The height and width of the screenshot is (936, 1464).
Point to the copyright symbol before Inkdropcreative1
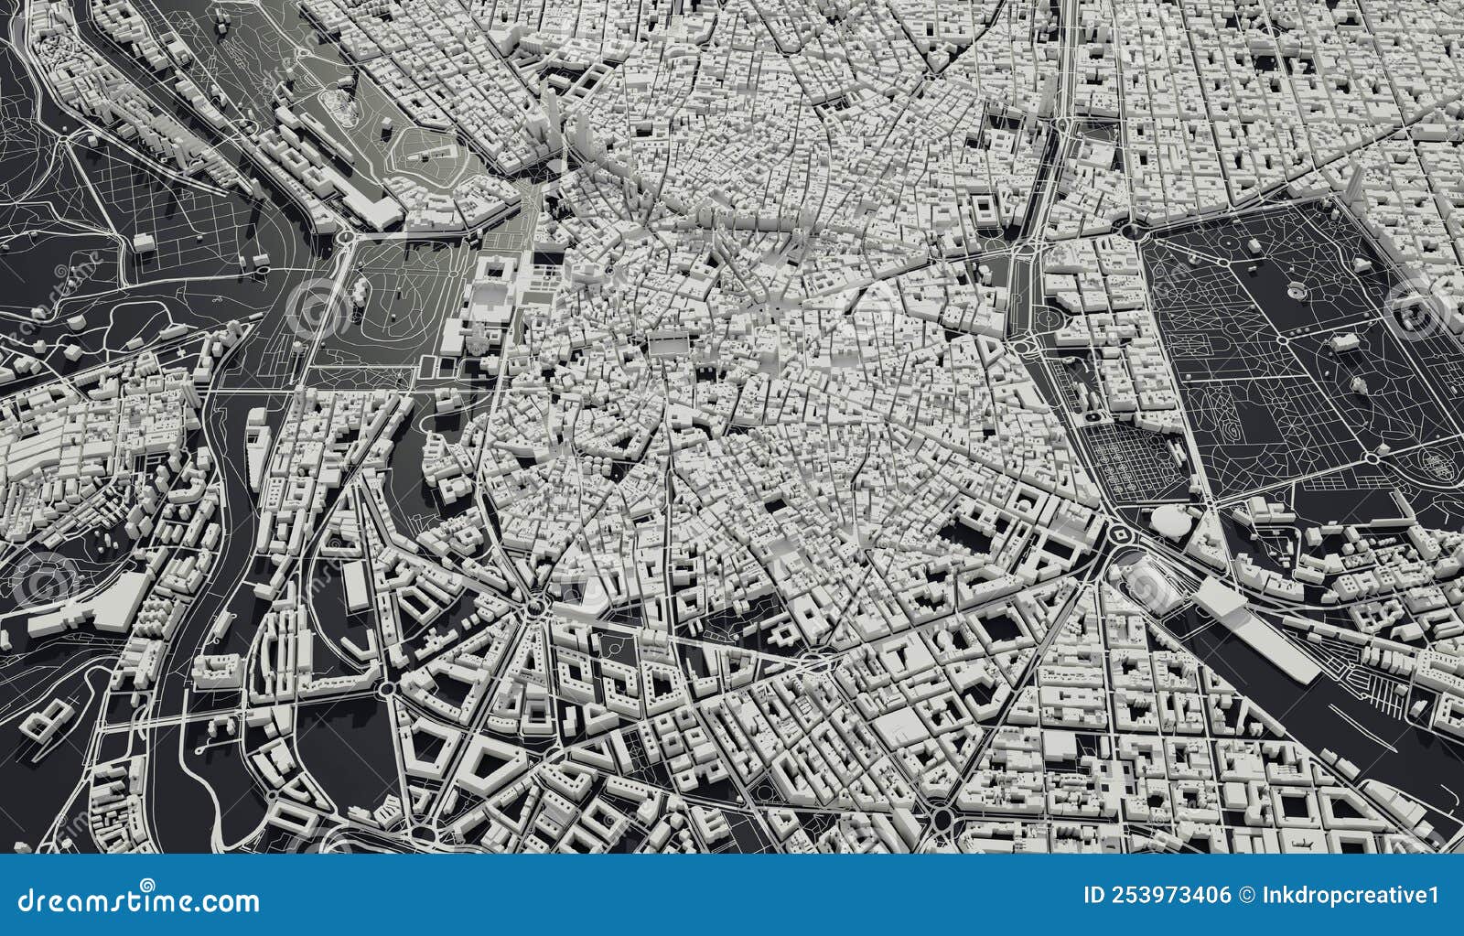[1246, 895]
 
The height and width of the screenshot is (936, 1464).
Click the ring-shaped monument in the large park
[1297, 291]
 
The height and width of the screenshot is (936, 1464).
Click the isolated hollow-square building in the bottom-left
[53, 716]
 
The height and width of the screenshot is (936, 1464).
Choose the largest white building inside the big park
[1343, 341]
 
